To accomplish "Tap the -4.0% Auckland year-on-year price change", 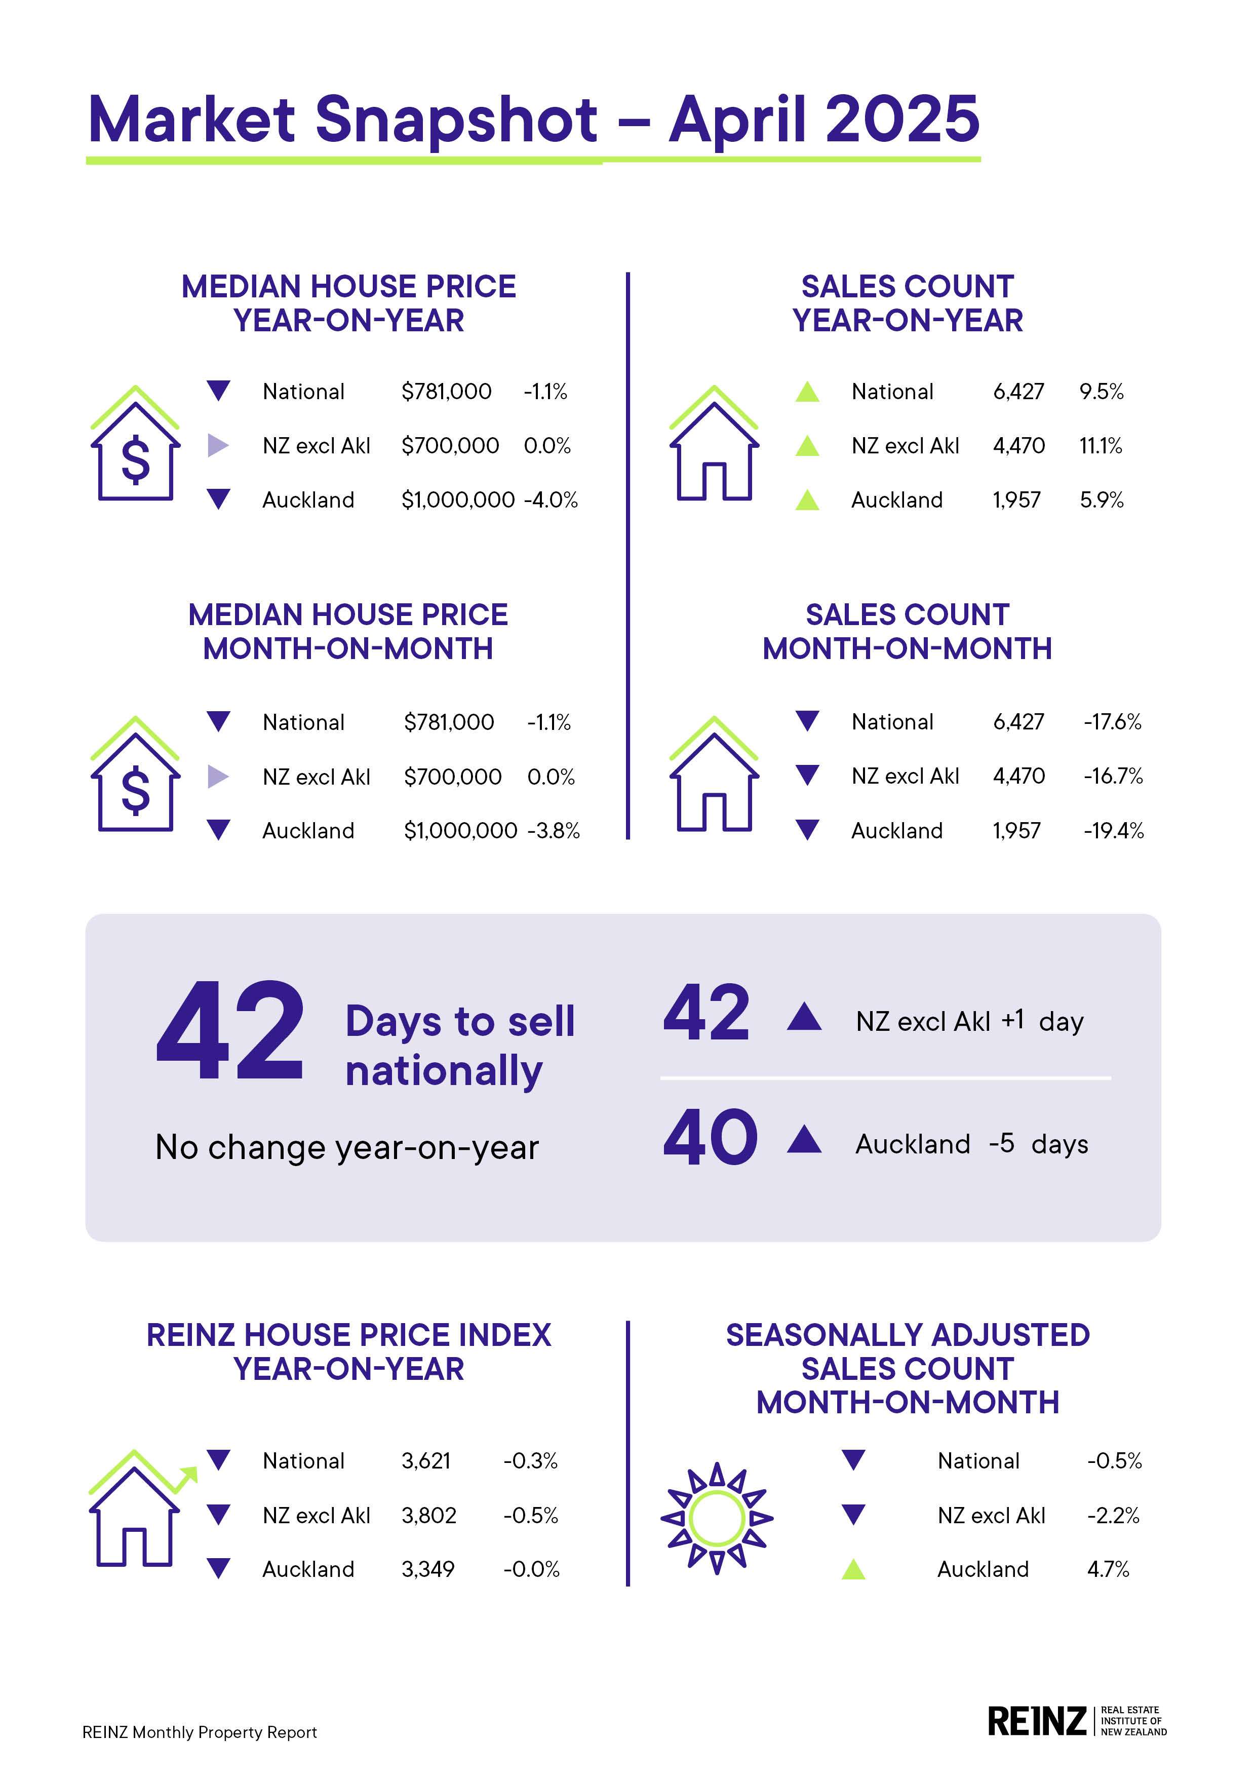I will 551,500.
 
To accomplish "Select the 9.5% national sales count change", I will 1101,392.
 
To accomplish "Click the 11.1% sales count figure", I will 1101,446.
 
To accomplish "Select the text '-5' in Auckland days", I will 1001,1143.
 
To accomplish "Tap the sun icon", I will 717,1519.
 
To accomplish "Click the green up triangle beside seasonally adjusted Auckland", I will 853,1570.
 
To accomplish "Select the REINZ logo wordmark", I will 1037,1721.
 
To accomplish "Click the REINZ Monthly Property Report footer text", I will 200,1732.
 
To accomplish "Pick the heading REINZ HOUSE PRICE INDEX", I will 348,1335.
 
